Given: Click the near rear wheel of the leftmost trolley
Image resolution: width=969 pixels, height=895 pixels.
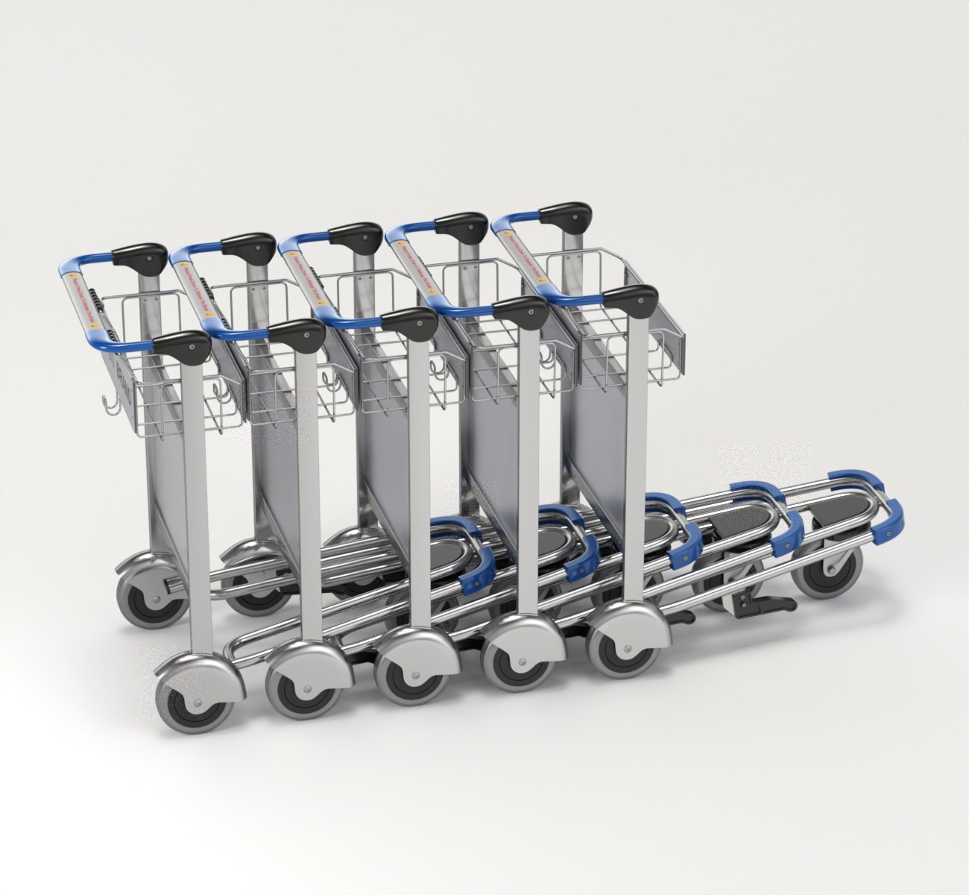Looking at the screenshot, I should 188,701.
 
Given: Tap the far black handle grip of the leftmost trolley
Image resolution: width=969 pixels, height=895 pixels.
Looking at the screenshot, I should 139,257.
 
